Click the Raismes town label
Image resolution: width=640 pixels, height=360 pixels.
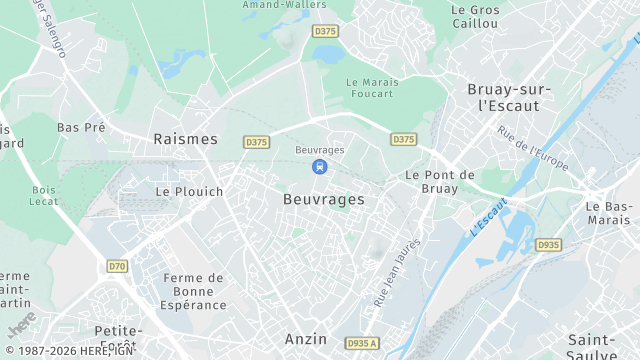tap(185, 139)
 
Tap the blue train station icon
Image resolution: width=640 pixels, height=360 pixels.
tap(319, 167)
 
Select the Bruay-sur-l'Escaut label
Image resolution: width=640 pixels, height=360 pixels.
tap(509, 96)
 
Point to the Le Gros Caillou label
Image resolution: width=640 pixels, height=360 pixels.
tap(474, 16)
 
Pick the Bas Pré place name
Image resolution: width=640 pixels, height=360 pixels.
tap(81, 128)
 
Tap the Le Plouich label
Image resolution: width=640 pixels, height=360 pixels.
tap(189, 191)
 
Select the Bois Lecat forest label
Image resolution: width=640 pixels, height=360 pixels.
tap(44, 195)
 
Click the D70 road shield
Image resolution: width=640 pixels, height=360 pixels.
tap(117, 266)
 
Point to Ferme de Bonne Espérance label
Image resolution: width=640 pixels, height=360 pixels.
tap(193, 291)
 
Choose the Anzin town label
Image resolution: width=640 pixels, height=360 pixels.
tap(306, 339)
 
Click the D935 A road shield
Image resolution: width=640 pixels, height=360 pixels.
tap(362, 343)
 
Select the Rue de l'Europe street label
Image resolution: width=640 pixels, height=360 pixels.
tap(533, 149)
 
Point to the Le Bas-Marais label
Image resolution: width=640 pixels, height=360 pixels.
tap(609, 213)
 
